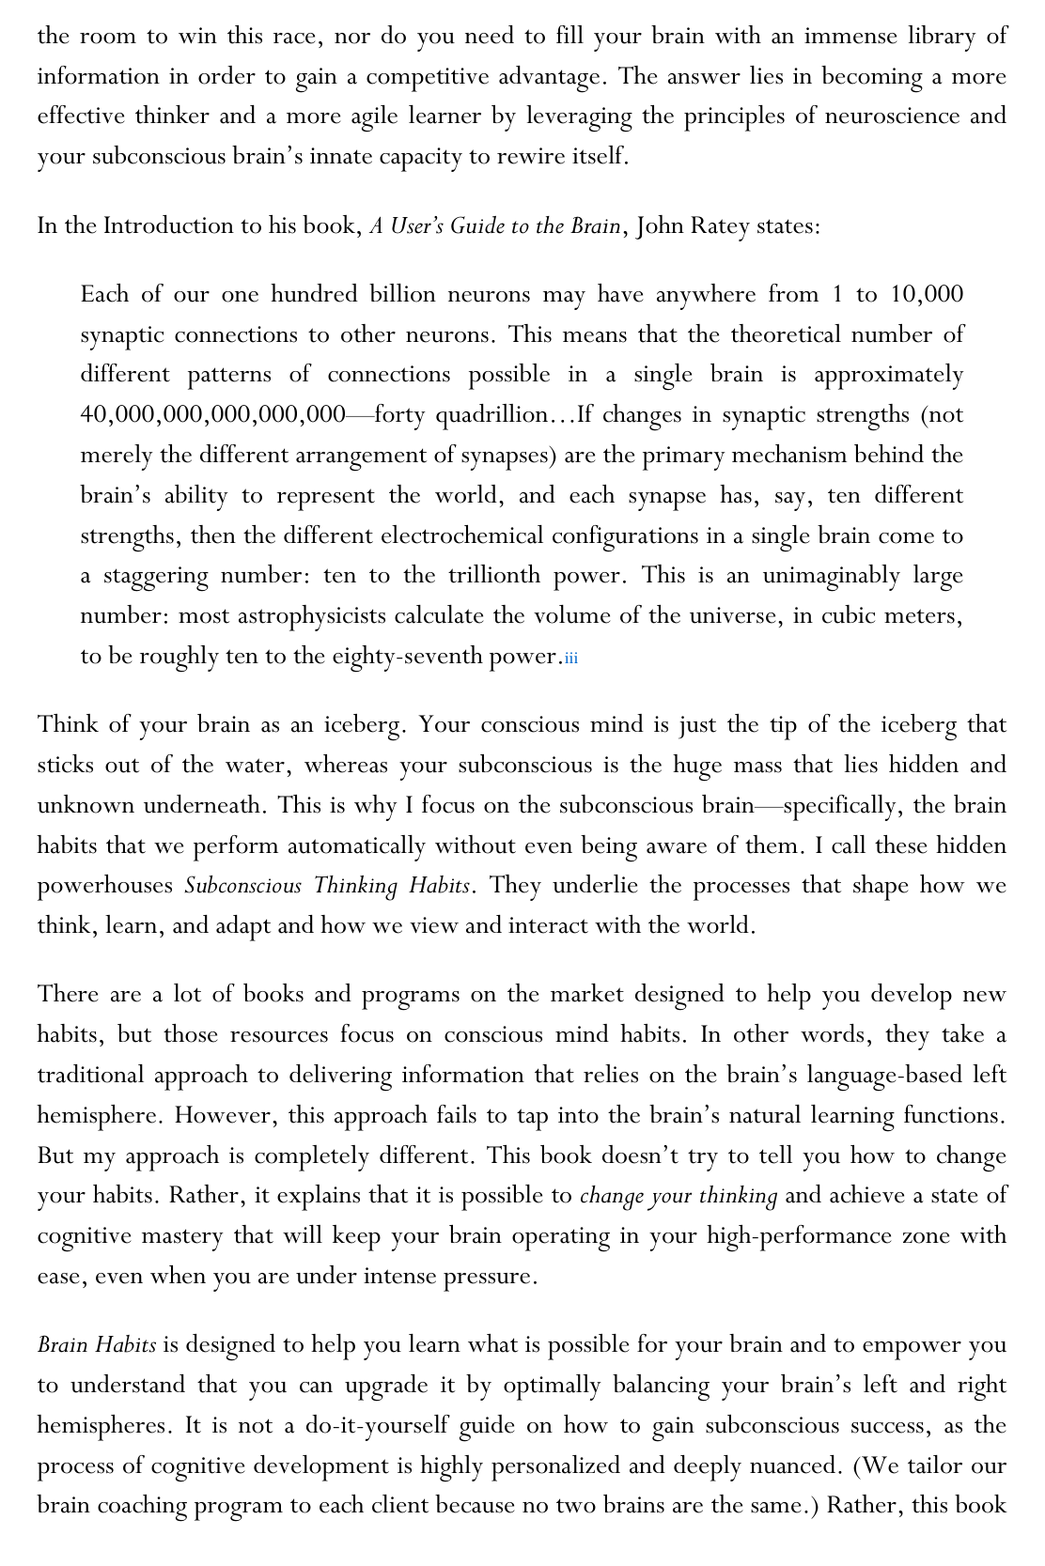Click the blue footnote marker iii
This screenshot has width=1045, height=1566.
(x=571, y=658)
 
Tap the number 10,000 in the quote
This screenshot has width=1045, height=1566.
(x=926, y=295)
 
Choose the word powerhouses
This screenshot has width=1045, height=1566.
(x=105, y=886)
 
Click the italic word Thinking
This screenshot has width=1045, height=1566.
(x=355, y=886)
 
